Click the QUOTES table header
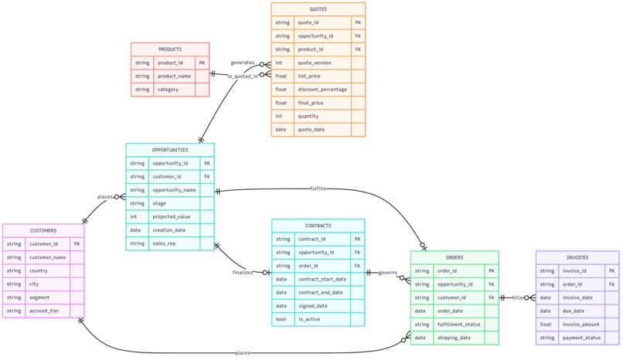[x=318, y=9]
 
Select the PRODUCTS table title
[x=170, y=49]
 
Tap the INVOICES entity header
[x=577, y=258]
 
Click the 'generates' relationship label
[x=243, y=63]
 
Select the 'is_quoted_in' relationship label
[x=243, y=76]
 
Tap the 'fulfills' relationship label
[x=318, y=188]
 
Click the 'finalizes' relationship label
[x=243, y=272]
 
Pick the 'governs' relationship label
[x=388, y=272]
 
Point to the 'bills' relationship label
[x=517, y=297]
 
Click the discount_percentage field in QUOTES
[x=322, y=89]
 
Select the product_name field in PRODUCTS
[x=174, y=76]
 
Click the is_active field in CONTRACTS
[x=309, y=318]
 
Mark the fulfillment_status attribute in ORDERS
[x=459, y=324]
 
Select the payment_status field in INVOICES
[x=581, y=338]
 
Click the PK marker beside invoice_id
[x=611, y=271]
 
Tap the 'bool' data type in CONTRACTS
[x=281, y=318]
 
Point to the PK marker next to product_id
[x=202, y=63]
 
